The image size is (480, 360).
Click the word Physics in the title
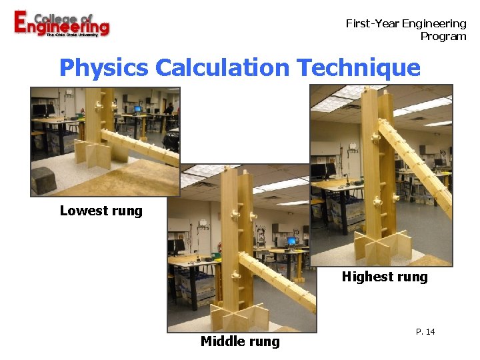pos(103,68)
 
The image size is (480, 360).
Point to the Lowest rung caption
pos(101,211)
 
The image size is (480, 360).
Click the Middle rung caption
pos(240,342)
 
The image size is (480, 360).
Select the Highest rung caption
pos(385,277)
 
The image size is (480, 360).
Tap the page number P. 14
pos(425,331)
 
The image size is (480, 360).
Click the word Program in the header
pos(443,36)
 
